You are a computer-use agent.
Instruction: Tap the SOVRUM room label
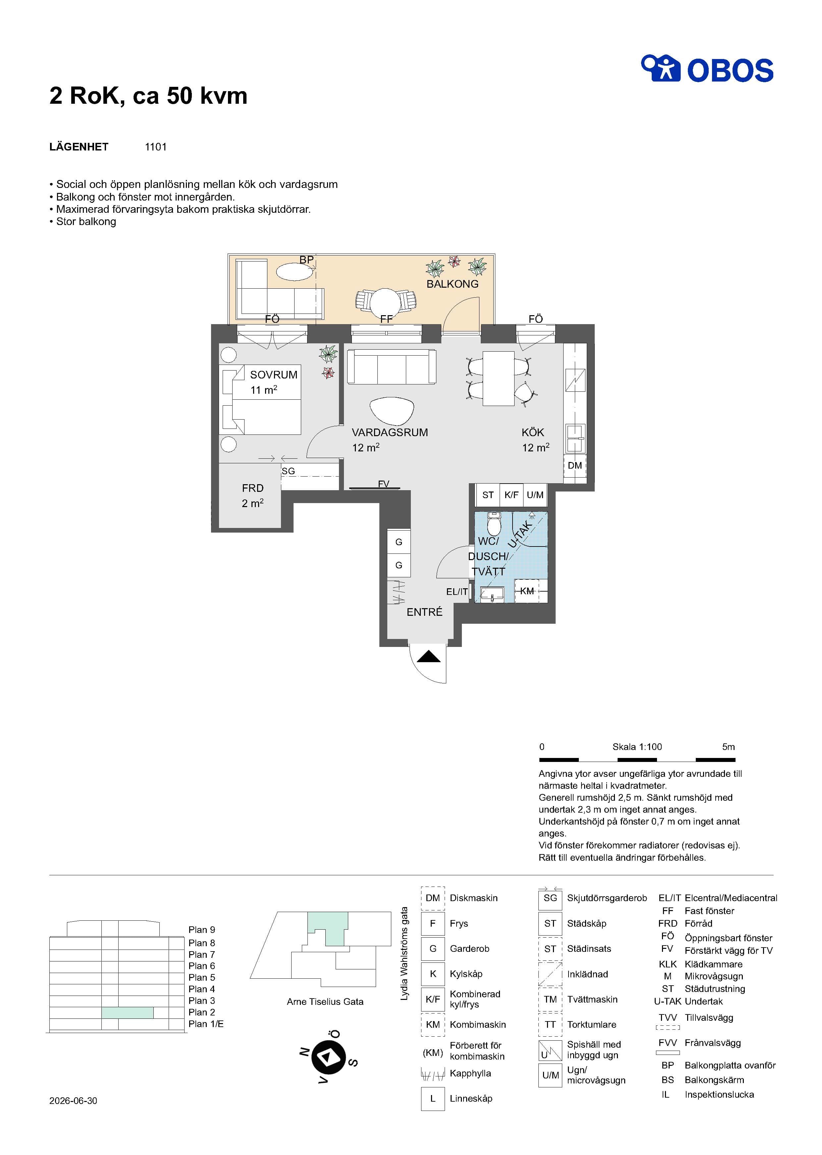(273, 375)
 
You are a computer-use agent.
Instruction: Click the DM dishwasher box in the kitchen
(575, 465)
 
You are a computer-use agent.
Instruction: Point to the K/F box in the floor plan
(511, 495)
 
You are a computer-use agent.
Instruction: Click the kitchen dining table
(499, 379)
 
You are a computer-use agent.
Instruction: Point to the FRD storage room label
(252, 488)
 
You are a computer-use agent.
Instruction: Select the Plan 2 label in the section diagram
(201, 1012)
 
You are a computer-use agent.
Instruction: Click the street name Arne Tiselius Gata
(325, 1002)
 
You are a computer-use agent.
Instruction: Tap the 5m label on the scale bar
(728, 747)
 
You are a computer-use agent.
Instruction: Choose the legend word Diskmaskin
(474, 898)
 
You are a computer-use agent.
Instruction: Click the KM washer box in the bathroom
(527, 591)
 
